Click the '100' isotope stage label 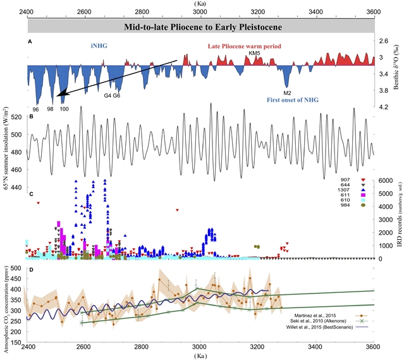click(64, 109)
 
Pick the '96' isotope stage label click(37, 109)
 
